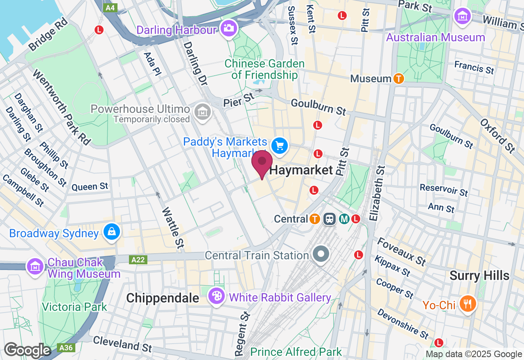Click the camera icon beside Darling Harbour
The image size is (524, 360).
pos(228,28)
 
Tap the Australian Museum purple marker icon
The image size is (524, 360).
pos(463,17)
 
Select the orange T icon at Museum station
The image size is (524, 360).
pos(399,78)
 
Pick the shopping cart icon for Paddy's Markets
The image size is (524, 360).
pos(280,146)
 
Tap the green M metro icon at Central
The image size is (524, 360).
pos(344,219)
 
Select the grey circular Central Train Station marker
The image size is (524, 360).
pos(321,254)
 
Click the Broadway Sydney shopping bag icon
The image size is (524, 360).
pos(111,232)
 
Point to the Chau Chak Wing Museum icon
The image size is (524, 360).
pos(35,267)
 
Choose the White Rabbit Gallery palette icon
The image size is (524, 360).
pos(216,296)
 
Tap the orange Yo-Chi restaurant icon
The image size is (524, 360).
pos(468,304)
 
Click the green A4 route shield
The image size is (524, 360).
pos(110,7)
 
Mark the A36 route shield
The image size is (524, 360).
pos(65,348)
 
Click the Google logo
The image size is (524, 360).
pos(27,351)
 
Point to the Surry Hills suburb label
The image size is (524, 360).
pos(479,275)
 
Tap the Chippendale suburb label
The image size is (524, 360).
pos(163,298)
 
